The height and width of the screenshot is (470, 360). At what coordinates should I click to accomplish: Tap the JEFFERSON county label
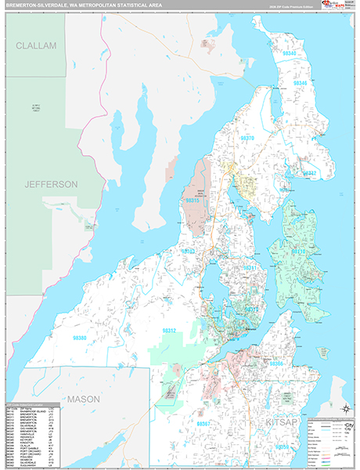[x=51, y=184]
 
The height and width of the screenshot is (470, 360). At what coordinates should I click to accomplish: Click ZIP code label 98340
[x=290, y=53]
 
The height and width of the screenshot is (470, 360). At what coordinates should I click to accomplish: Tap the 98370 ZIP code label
[x=247, y=138]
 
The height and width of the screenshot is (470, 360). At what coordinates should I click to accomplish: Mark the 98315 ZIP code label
[x=191, y=200]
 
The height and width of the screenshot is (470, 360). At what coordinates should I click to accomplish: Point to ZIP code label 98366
[x=277, y=364]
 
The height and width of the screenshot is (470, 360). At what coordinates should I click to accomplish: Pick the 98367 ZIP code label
[x=206, y=423]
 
